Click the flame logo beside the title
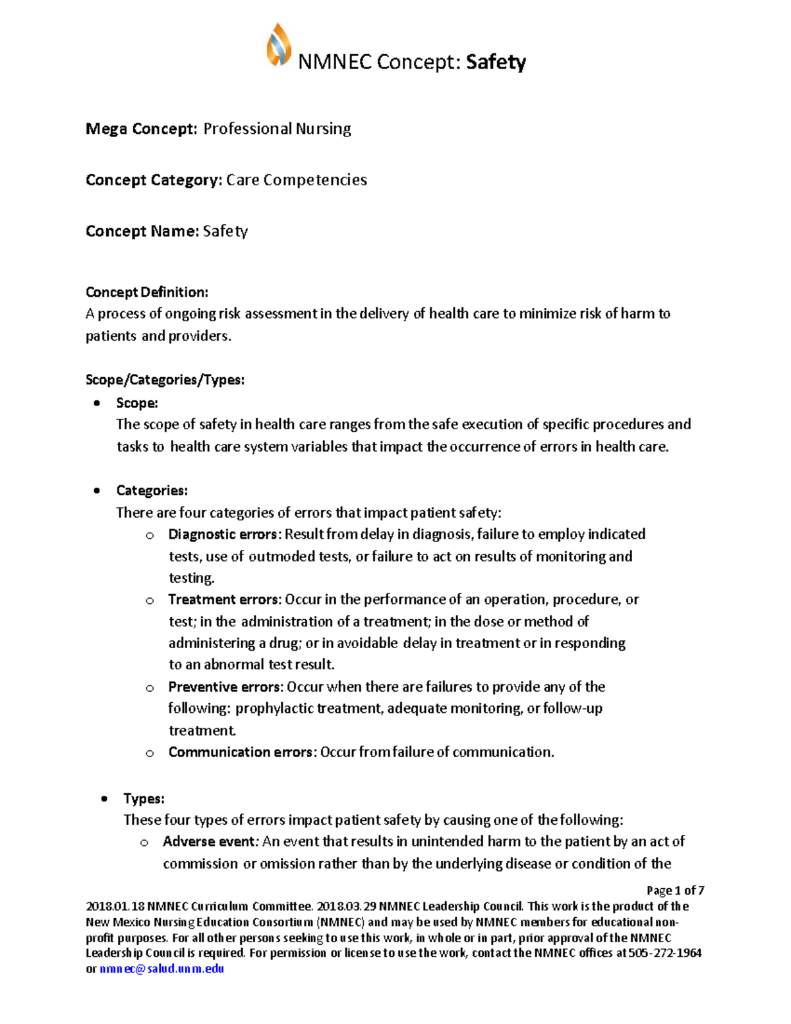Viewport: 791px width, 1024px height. tap(279, 45)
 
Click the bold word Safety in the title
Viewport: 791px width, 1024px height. tap(496, 62)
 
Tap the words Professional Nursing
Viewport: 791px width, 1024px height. tap(277, 129)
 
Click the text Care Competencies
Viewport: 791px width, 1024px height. tap(297, 180)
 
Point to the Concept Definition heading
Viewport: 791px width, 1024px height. tap(146, 292)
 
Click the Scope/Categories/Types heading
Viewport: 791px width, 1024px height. tap(165, 380)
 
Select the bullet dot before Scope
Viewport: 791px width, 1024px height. tap(98, 403)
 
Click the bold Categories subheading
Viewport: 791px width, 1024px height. tap(152, 491)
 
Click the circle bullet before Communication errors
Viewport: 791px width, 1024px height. tap(150, 753)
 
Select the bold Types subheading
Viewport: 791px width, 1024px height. tap(144, 798)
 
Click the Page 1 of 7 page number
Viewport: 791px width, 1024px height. tap(675, 890)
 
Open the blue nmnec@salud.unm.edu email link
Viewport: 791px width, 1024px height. tap(161, 969)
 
